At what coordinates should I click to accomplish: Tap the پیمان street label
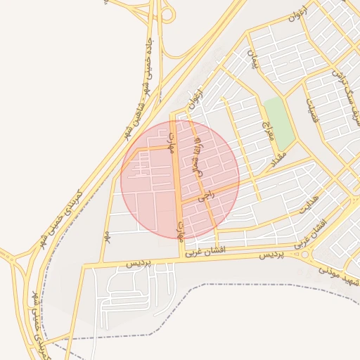click(x=253, y=60)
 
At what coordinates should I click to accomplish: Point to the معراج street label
click(x=266, y=129)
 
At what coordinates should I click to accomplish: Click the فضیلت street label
click(x=313, y=109)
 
